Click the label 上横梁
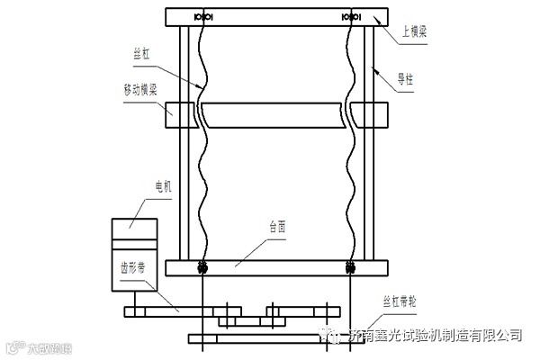tap(415, 31)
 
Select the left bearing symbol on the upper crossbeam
tap(202, 16)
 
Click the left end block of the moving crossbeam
tap(182, 115)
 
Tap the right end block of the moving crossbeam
tap(370, 115)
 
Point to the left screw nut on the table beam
tap(202, 267)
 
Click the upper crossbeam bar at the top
tap(277, 16)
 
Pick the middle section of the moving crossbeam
tap(275, 115)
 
